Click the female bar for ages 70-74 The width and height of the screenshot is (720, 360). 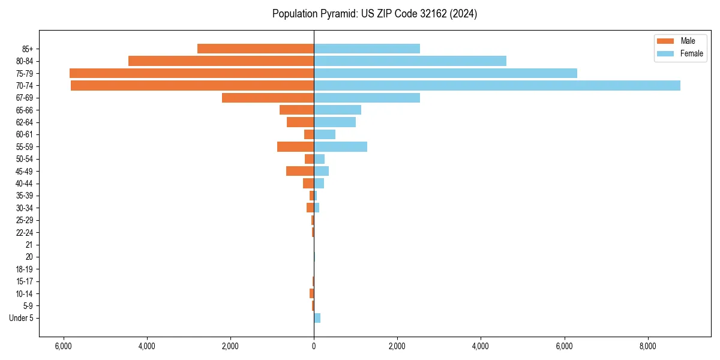497,86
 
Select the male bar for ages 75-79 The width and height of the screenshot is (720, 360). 191,73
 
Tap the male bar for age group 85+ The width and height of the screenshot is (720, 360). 255,49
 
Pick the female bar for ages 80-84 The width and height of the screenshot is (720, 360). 410,61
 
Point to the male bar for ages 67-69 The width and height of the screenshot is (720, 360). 268,98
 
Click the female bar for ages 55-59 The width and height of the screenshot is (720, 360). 340,147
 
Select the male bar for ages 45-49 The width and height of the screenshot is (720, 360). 300,171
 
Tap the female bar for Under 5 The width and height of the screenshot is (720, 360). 317,318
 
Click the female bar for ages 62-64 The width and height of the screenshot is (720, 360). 335,122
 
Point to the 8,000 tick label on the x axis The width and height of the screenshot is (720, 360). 647,346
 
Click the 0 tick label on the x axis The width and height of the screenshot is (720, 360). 314,346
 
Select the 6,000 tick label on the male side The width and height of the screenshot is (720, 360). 64,346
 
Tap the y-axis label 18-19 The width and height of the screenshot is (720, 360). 25,269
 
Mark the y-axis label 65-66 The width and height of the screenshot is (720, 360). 25,110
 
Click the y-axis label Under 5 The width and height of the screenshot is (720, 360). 21,318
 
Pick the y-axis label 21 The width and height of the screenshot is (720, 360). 29,245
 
